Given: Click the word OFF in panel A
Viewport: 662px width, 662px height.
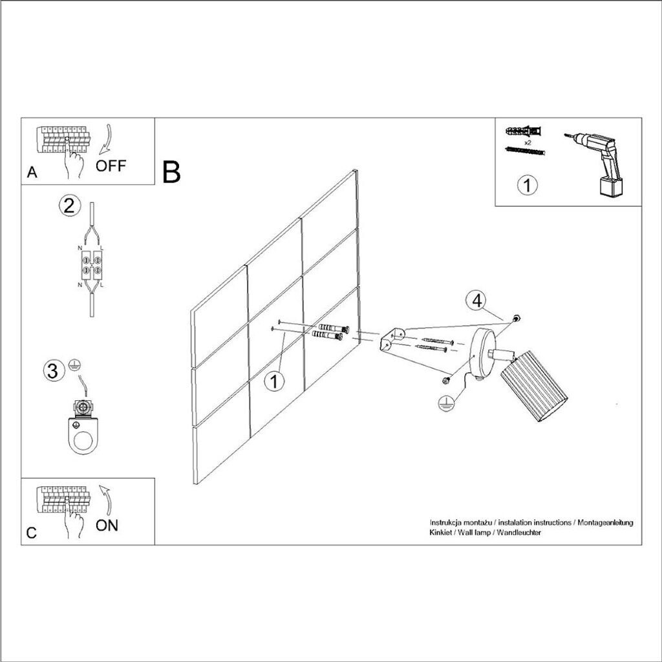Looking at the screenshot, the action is (x=111, y=165).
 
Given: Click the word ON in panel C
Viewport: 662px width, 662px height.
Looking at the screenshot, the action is (x=107, y=525).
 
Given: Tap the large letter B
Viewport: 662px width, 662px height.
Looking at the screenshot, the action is (x=171, y=172).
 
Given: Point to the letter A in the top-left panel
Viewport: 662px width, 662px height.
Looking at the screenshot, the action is (x=32, y=173).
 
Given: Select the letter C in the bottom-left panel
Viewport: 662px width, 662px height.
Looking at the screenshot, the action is (x=32, y=533).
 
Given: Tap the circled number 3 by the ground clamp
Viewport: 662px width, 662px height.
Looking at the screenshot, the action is (x=54, y=371).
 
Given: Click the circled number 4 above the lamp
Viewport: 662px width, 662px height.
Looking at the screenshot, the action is (x=476, y=301).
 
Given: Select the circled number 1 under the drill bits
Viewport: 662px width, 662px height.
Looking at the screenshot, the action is (x=528, y=186).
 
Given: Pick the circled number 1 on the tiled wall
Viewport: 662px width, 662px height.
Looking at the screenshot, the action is (x=275, y=382).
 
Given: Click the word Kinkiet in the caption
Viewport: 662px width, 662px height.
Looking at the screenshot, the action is (x=441, y=532).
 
